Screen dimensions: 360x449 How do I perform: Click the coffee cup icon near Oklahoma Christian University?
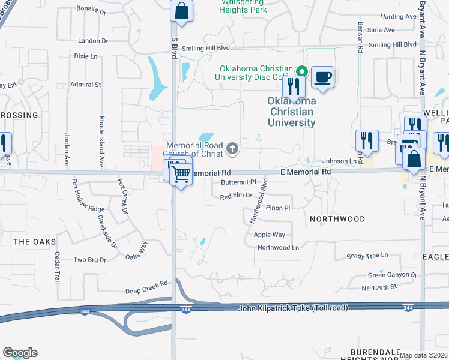tap(322, 77)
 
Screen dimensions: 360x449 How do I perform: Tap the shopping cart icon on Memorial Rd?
tap(181, 175)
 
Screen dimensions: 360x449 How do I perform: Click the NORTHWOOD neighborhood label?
tap(337, 220)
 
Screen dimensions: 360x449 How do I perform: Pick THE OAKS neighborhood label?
tap(34, 242)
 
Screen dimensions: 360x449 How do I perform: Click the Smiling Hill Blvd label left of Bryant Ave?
tap(393, 44)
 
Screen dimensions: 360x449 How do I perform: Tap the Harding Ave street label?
tap(398, 16)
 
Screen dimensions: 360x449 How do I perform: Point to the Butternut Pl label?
tap(238, 182)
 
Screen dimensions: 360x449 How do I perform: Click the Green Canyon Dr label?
tap(393, 275)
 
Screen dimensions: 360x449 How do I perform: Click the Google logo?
tap(20, 353)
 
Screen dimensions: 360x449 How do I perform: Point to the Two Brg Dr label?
tap(89, 260)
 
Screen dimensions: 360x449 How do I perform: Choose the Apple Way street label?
tap(270, 235)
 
